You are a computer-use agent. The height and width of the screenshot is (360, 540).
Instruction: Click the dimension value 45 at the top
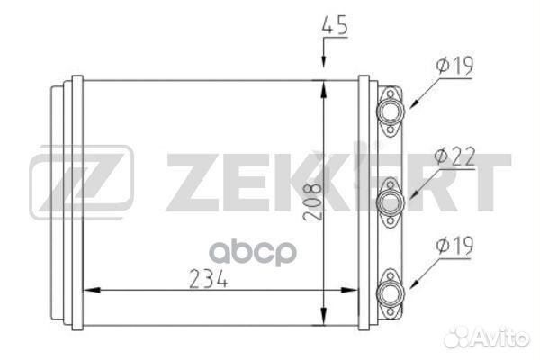[334, 25]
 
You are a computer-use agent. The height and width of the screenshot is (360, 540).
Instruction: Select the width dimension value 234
[209, 278]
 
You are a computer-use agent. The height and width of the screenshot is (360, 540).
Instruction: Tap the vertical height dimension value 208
[312, 202]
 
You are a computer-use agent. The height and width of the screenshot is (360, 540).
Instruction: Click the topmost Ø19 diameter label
[454, 66]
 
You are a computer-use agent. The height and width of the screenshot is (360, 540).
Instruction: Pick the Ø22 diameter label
[454, 156]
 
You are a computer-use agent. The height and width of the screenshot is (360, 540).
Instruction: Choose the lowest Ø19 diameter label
[454, 246]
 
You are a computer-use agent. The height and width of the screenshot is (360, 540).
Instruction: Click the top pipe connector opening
[391, 111]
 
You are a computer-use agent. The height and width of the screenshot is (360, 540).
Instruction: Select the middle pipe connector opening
[391, 202]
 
